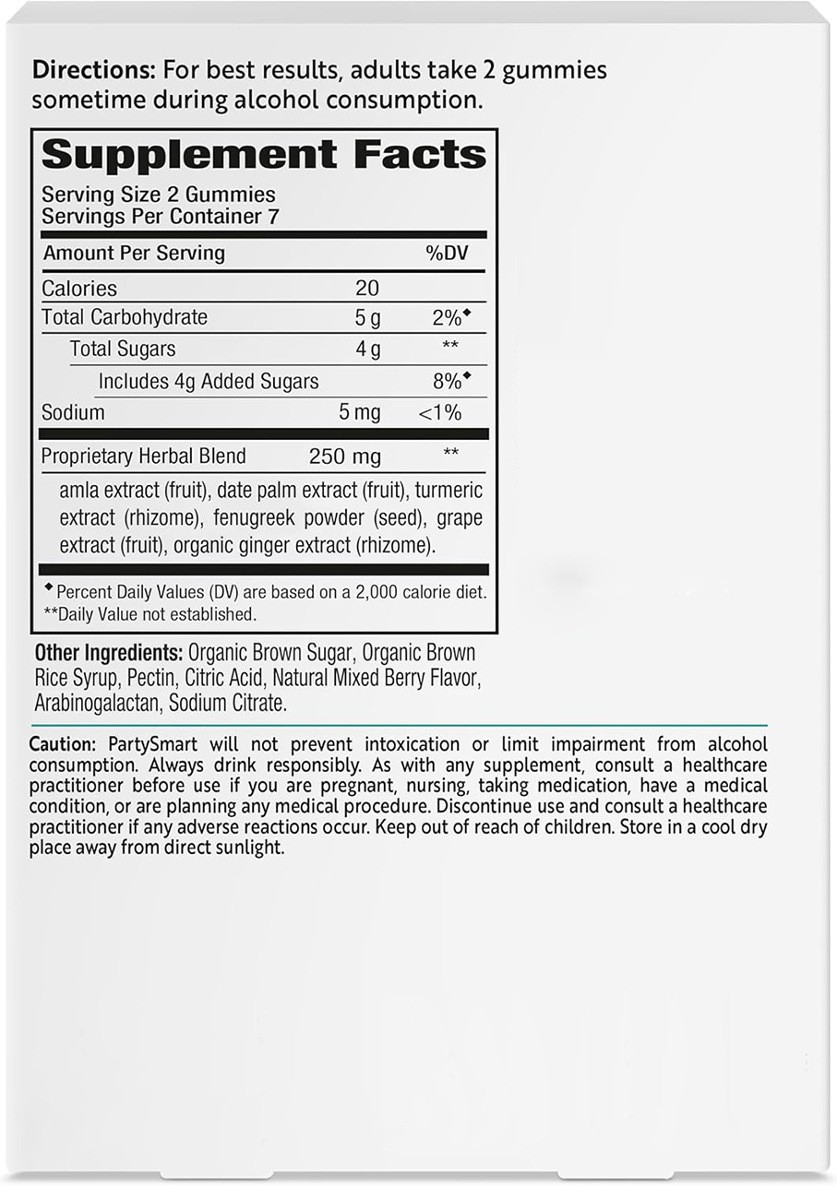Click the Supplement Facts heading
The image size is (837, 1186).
click(263, 155)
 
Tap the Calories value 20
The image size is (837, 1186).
click(367, 289)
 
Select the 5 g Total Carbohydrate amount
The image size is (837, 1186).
click(367, 318)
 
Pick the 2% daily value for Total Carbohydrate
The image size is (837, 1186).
click(448, 318)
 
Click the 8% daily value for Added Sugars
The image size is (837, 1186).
click(448, 381)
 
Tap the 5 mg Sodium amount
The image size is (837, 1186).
click(360, 412)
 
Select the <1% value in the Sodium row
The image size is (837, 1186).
click(440, 412)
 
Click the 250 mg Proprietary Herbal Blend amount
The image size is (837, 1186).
click(344, 456)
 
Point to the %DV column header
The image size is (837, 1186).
click(447, 254)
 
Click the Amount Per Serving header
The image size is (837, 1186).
click(135, 254)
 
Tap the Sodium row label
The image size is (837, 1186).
click(73, 412)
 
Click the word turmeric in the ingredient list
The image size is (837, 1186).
click(448, 490)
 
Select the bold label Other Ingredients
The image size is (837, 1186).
click(107, 653)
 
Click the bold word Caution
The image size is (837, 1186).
click(62, 744)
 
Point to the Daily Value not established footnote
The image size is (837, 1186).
click(149, 613)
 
